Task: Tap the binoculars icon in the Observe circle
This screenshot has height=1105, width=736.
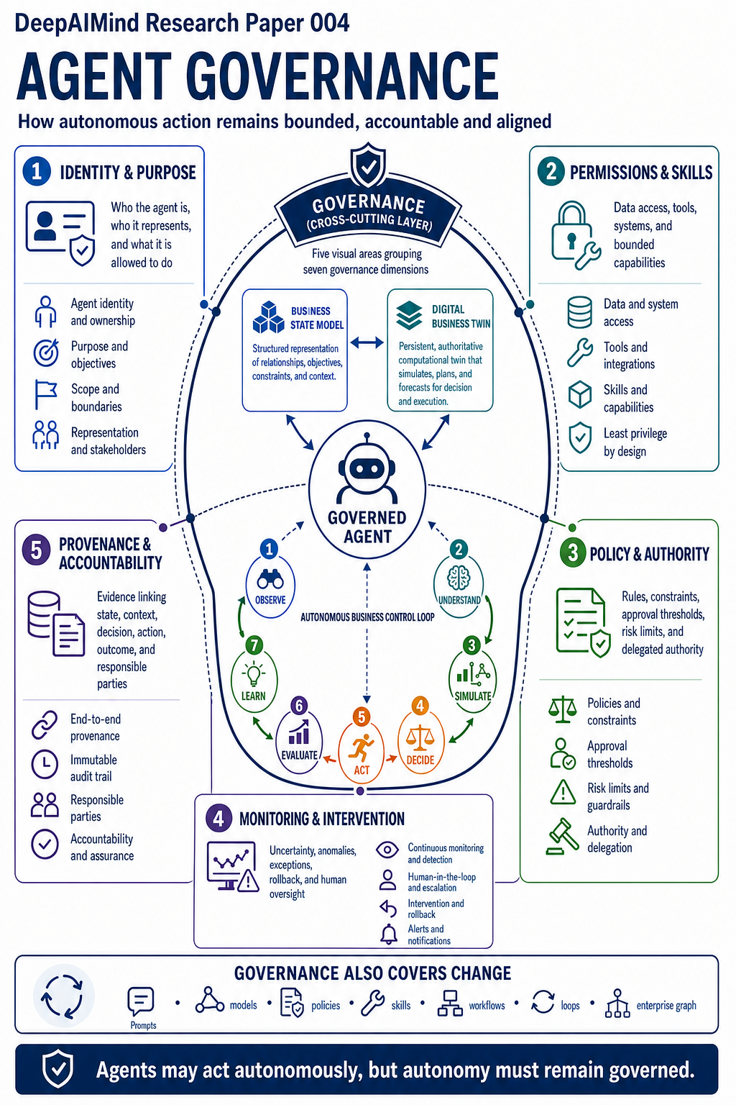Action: [270, 579]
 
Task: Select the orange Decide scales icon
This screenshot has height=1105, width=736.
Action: [420, 737]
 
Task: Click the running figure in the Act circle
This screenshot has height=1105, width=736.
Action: [361, 748]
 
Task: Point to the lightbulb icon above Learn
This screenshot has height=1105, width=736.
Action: [254, 675]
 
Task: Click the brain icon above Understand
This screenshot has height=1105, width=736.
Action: [459, 577]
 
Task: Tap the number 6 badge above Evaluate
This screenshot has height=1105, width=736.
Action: [299, 706]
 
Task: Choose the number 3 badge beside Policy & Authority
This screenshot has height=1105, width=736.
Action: [572, 553]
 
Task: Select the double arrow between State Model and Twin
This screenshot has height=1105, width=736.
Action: [367, 342]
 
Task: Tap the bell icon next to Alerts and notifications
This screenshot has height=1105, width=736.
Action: [388, 934]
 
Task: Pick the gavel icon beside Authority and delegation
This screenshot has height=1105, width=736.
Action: [563, 837]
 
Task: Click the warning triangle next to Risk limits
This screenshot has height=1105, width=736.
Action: [563, 792]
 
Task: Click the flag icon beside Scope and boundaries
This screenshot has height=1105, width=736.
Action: [45, 394]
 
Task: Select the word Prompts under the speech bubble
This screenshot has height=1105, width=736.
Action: [144, 1025]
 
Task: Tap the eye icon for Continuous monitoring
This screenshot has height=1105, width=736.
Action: [387, 850]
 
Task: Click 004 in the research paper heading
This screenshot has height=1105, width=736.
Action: [330, 23]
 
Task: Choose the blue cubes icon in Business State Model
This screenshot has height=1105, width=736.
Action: [269, 317]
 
